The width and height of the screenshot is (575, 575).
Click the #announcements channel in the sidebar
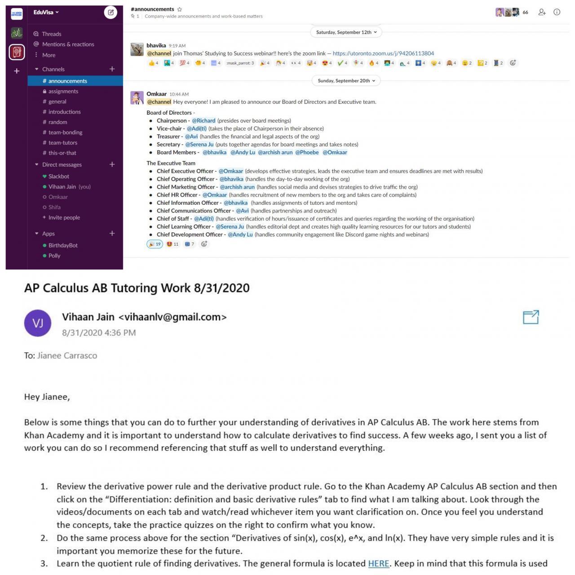67,81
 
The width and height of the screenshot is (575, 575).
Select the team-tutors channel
62,142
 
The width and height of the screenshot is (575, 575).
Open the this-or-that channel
62,153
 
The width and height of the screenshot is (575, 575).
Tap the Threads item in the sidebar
51,34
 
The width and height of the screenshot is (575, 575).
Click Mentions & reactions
68,44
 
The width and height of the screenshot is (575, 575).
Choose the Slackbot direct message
58,176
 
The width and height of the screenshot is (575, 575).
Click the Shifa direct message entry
54,207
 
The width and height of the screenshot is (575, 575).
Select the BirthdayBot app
63,245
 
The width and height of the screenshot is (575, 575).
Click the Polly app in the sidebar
54,256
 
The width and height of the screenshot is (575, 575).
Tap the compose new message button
110,13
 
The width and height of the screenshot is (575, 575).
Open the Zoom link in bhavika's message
383,53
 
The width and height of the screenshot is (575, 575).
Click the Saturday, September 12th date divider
346,32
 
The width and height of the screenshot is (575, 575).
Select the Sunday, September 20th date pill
346,81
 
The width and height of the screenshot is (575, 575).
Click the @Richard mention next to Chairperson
203,120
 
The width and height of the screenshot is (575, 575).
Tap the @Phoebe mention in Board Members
307,152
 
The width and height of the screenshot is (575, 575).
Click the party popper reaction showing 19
155,244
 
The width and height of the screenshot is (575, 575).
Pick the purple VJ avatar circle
38,323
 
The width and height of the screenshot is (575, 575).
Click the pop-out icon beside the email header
531,317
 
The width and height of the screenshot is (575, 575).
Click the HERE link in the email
378,563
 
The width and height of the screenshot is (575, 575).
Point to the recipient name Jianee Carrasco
67,355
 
